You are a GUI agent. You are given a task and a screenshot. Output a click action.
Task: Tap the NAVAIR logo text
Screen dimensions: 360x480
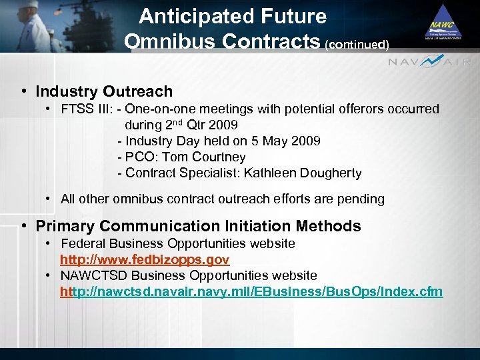click(430, 61)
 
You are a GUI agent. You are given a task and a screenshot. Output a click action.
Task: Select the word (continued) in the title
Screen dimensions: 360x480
click(357, 45)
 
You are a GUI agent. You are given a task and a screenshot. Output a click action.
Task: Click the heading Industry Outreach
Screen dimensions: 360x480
click(104, 91)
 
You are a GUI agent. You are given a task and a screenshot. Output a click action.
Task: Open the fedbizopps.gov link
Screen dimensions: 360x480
click(145, 259)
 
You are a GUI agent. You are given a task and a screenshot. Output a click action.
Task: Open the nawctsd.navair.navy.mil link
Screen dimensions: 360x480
click(251, 292)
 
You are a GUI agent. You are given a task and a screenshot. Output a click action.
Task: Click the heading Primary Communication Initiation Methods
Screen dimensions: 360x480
click(198, 226)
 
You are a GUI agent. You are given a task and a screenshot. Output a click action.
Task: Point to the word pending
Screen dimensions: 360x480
click(361, 199)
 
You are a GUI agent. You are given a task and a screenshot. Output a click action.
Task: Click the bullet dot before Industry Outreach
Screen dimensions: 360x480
click(23, 91)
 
